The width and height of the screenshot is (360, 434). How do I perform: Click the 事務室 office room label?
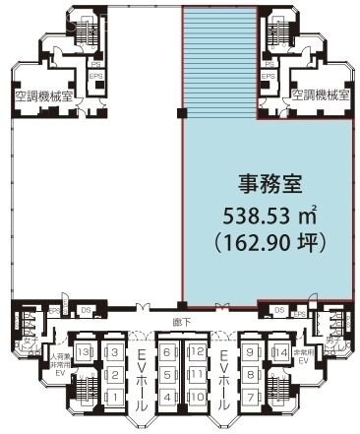[267, 184]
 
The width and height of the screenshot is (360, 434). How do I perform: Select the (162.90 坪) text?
[268, 239]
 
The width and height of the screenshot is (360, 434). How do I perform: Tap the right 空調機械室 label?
[318, 95]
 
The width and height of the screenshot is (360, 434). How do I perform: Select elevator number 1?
[113, 397]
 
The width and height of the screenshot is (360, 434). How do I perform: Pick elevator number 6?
[168, 352]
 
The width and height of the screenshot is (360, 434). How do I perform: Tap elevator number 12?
[196, 352]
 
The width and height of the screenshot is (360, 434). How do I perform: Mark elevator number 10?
[196, 397]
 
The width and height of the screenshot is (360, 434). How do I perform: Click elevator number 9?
[252, 352]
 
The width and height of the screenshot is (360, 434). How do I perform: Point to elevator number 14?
[279, 352]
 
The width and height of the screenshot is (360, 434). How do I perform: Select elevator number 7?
[252, 397]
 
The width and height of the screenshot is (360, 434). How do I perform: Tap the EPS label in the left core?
[96, 75]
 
